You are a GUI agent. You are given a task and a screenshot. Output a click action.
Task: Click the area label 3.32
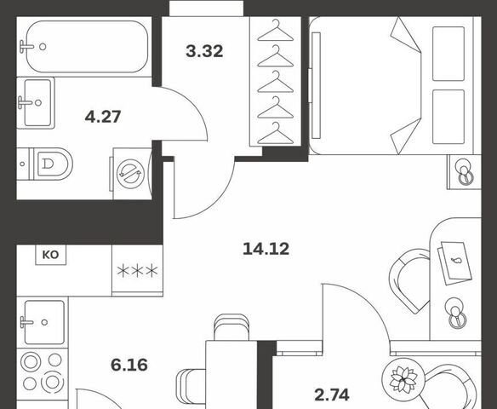(204, 51)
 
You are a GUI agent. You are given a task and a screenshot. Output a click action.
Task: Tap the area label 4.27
(103, 117)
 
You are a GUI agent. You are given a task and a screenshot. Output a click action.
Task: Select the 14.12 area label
(266, 249)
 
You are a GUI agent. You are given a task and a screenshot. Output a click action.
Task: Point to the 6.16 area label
(129, 365)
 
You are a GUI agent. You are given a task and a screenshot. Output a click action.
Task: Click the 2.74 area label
(332, 395)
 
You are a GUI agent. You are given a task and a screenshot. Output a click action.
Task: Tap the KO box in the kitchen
(51, 255)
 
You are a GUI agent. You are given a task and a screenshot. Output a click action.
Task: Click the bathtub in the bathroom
(87, 47)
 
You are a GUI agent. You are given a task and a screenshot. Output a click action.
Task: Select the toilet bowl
(52, 164)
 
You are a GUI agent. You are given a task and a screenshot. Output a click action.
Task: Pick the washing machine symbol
(130, 174)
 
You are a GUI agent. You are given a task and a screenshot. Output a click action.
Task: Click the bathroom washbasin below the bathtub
(36, 103)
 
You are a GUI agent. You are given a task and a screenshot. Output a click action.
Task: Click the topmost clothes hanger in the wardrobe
(276, 31)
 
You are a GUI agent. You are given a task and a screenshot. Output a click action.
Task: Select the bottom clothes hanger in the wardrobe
(276, 134)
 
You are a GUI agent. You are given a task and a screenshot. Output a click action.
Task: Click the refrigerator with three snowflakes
(137, 271)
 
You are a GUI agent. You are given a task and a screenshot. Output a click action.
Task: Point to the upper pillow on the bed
(448, 54)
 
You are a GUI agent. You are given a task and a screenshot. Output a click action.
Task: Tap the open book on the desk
(454, 263)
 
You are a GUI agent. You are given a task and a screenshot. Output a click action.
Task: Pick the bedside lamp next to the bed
(465, 172)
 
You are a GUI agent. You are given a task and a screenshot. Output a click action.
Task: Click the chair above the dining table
(231, 327)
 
